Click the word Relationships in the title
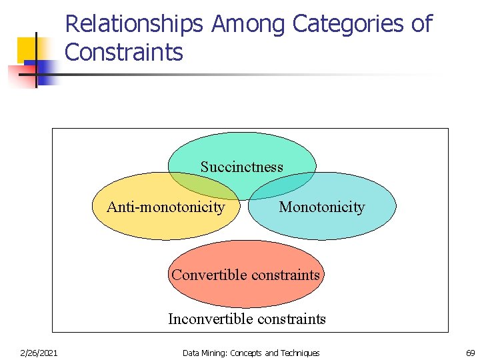(x=133, y=25)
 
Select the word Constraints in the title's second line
(x=124, y=52)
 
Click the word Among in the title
(x=249, y=25)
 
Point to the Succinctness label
(x=241, y=167)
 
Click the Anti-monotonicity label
(x=165, y=207)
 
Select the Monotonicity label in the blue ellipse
(x=321, y=207)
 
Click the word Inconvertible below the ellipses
(x=208, y=319)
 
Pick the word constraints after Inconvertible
(x=289, y=319)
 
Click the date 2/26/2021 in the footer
(x=39, y=353)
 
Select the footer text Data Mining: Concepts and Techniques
(x=251, y=353)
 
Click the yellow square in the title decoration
(x=27, y=48)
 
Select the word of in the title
(x=421, y=25)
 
